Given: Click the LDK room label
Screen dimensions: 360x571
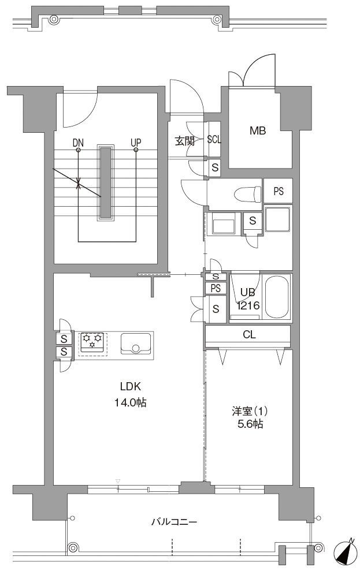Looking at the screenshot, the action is pos(131,386).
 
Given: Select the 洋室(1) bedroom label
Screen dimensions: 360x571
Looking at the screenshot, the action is pos(250,412).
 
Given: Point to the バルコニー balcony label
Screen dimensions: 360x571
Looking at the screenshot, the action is pos(174,522).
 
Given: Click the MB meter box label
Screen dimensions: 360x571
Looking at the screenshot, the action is pos(258,130).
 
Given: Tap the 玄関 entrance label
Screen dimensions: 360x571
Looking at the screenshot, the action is pos(184,141).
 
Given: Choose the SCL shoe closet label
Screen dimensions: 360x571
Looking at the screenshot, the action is pos(214,140).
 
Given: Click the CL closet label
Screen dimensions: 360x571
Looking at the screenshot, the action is pos(249,334).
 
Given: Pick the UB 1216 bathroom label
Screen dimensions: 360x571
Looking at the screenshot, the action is pos(248,299).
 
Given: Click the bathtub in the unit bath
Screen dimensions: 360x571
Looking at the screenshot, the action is pos(277,297).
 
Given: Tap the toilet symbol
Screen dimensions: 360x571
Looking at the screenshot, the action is pos(248,194).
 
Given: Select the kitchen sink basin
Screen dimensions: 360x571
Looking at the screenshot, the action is pos(136,343).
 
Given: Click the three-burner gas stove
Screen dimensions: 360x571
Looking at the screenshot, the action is pos(92,342).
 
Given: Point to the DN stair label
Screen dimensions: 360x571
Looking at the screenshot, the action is pos(78,143).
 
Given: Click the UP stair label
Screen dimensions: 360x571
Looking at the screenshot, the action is pos(136,143).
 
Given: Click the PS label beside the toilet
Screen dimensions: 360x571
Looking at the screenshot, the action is pos(279,191).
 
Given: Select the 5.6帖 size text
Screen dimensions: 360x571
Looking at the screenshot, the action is pos(250,424).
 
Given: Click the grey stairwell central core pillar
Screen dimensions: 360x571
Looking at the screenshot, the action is pos(106,183).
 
